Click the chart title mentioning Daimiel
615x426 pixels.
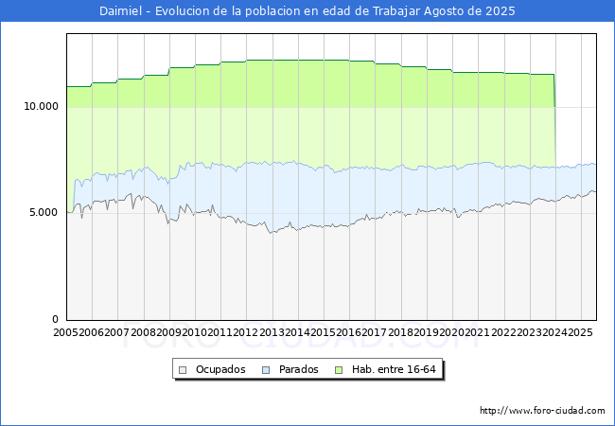(307, 11)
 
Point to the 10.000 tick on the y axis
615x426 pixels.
(40, 107)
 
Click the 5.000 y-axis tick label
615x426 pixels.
(43, 213)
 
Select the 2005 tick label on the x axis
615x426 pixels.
(66, 333)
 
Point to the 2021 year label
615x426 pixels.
(477, 333)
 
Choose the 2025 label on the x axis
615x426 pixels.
(580, 333)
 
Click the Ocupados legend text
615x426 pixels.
(220, 369)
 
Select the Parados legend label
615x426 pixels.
(299, 369)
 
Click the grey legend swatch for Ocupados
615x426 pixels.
(184, 369)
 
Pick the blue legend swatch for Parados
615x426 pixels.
(268, 369)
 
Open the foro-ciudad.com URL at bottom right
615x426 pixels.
(542, 411)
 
